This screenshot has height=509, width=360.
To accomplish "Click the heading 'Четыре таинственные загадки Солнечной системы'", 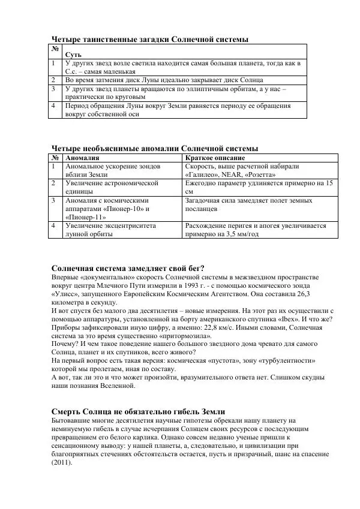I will point(149,39).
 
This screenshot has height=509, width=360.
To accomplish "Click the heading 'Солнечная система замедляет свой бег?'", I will point(128,268).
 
